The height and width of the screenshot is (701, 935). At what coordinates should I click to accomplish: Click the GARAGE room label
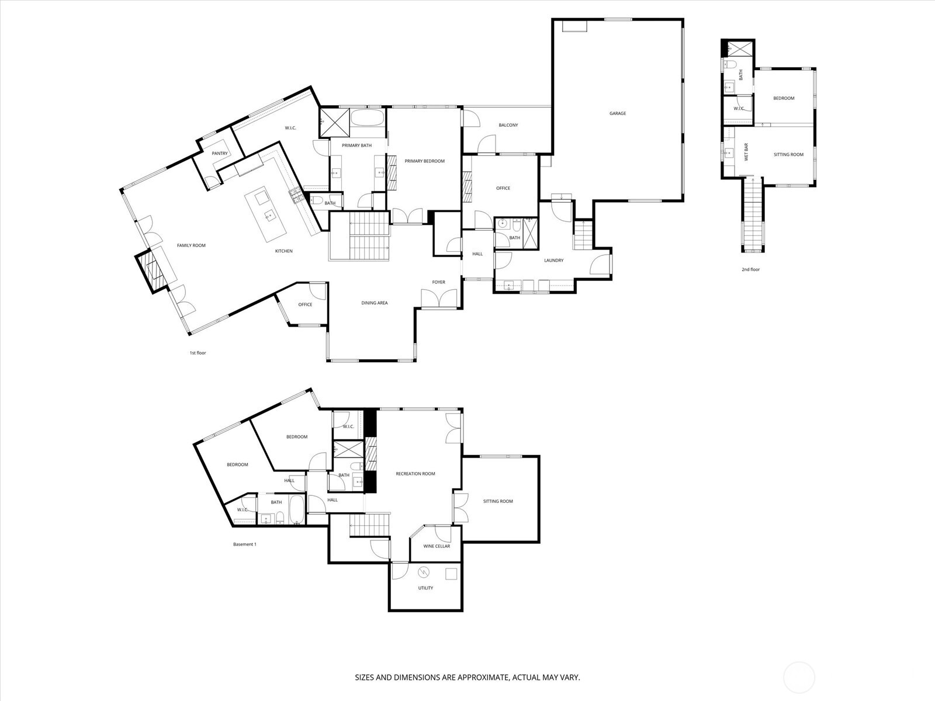pyautogui.click(x=618, y=113)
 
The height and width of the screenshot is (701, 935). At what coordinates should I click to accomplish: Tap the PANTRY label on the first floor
pyautogui.click(x=220, y=154)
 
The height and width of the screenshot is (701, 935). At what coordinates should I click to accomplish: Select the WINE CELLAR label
pyautogui.click(x=437, y=546)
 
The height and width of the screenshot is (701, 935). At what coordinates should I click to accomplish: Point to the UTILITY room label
pyautogui.click(x=425, y=588)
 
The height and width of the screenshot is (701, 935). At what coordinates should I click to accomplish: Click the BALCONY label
pyautogui.click(x=508, y=125)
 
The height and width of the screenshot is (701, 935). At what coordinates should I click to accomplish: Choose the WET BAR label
pyautogui.click(x=746, y=153)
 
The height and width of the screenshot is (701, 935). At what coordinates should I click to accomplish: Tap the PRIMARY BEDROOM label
pyautogui.click(x=424, y=161)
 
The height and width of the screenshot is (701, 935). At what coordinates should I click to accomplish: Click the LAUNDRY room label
pyautogui.click(x=553, y=261)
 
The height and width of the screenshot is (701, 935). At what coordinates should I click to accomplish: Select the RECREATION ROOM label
pyautogui.click(x=415, y=474)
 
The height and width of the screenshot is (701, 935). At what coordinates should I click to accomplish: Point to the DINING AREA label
pyautogui.click(x=374, y=303)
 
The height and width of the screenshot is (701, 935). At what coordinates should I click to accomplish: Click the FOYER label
pyautogui.click(x=438, y=282)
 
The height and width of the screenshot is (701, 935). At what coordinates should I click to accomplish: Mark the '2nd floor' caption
pyautogui.click(x=751, y=269)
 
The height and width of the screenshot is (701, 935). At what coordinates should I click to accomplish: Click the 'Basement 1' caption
pyautogui.click(x=245, y=544)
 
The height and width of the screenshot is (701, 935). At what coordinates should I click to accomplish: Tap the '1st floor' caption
pyautogui.click(x=198, y=353)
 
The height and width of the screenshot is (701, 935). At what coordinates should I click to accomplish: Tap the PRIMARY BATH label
pyautogui.click(x=357, y=145)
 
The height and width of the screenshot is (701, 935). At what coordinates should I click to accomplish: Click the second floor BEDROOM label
pyautogui.click(x=784, y=98)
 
